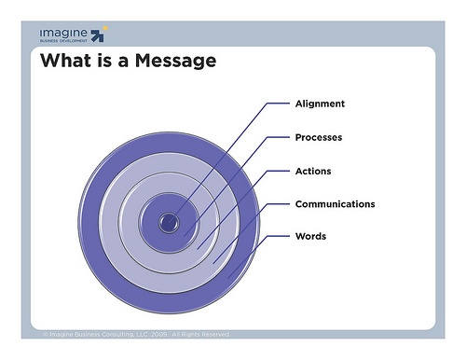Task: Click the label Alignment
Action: point(320,104)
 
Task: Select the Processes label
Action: point(319,137)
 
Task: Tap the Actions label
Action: point(313,171)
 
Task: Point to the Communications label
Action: point(335,203)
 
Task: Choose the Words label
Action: point(310,236)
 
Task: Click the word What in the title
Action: point(65,62)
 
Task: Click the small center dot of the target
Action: point(169,222)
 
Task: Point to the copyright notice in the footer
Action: point(135,333)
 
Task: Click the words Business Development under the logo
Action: point(63,41)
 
